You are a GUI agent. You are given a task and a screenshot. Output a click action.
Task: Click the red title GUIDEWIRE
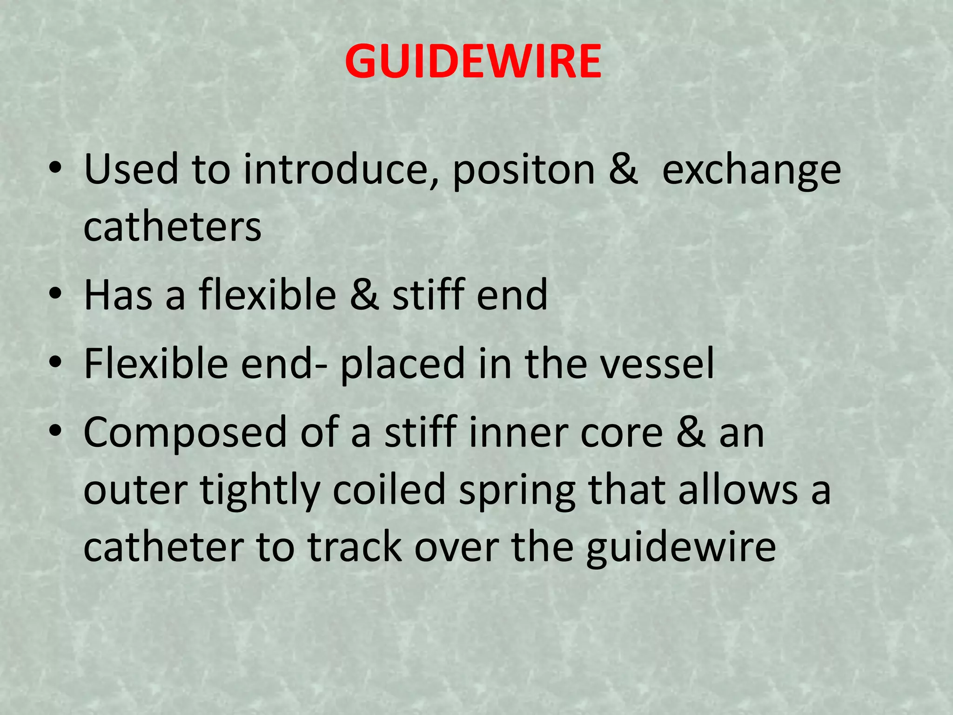[473, 61]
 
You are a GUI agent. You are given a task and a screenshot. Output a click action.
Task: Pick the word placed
[403, 364]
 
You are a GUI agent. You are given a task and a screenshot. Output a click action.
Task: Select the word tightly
[260, 491]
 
